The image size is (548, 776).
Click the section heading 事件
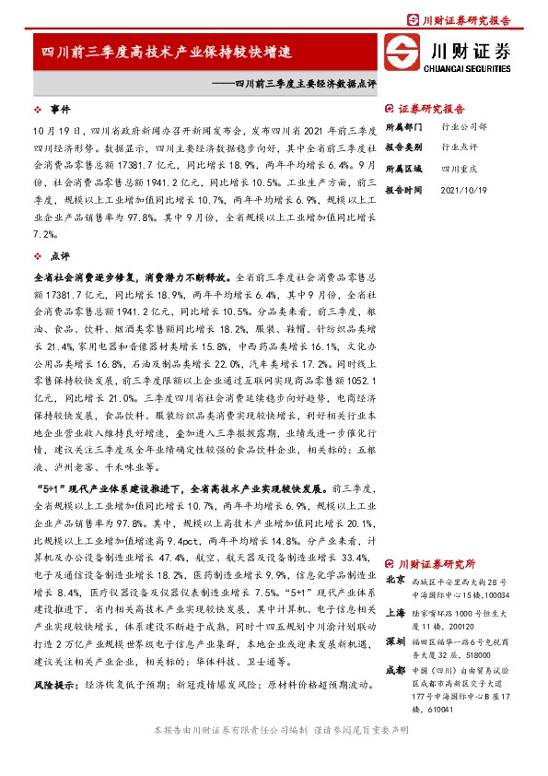(59, 108)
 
